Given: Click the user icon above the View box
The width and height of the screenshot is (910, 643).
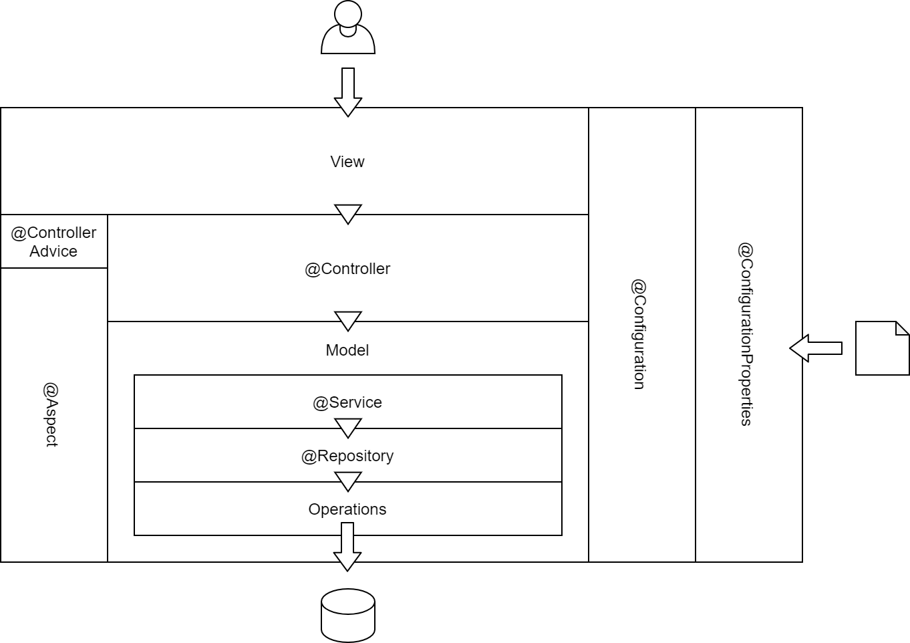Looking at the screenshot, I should pyautogui.click(x=347, y=28).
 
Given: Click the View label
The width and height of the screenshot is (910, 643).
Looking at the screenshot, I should pyautogui.click(x=347, y=162).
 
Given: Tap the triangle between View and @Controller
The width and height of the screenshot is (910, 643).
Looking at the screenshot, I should pyautogui.click(x=347, y=213).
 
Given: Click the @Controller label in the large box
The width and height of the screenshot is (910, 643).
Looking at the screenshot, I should pyautogui.click(x=347, y=269).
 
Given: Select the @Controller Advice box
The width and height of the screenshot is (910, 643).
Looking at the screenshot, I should pyautogui.click(x=53, y=242).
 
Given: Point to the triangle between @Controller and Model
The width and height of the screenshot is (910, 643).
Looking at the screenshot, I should pyautogui.click(x=347, y=320).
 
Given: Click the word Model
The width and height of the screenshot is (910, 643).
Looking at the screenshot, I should pyautogui.click(x=347, y=350).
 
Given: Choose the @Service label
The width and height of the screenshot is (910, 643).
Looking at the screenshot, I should pyautogui.click(x=347, y=402).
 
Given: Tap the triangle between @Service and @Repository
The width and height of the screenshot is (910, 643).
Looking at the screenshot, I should pyautogui.click(x=347, y=427).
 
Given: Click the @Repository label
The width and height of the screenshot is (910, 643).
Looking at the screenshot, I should pyautogui.click(x=347, y=456).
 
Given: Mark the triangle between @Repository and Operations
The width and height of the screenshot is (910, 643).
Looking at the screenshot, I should pyautogui.click(x=347, y=481).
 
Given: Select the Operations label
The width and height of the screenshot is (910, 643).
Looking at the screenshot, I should pyautogui.click(x=347, y=509).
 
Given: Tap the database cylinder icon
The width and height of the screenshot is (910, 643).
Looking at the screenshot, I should pyautogui.click(x=347, y=615).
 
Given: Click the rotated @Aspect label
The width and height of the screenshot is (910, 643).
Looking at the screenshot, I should pyautogui.click(x=52, y=414).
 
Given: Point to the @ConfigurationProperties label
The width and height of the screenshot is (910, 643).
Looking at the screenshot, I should pyautogui.click(x=746, y=334).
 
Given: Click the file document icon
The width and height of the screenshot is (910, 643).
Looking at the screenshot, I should pyautogui.click(x=882, y=348).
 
